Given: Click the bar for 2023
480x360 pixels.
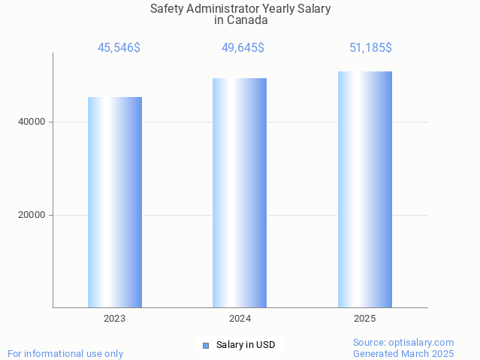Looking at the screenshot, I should [x=115, y=202].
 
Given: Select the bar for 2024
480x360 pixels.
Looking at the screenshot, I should [x=240, y=192].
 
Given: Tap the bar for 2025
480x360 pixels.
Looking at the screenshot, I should [x=365, y=189].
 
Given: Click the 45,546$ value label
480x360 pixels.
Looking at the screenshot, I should [x=119, y=48].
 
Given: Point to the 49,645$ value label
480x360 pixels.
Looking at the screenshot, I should [x=243, y=48].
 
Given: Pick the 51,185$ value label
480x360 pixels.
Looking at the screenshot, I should [x=370, y=48].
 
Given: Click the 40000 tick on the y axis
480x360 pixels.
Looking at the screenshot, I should [x=31, y=122].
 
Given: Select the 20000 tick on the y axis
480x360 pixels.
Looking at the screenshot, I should [x=31, y=215].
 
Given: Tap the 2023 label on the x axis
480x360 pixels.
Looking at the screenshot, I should [x=115, y=319].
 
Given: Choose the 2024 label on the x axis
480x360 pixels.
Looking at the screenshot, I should [x=240, y=319].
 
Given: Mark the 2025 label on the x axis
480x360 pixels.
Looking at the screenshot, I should [x=365, y=319].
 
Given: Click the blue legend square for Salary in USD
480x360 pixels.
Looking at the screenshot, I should [x=206, y=346].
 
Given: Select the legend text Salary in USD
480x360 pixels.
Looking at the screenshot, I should [x=246, y=346].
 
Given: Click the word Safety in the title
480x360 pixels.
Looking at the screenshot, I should [x=168, y=8].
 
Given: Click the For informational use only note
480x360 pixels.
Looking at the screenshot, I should [x=65, y=353].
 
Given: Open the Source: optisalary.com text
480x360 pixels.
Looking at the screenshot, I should [x=403, y=342].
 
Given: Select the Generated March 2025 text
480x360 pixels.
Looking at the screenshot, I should [x=403, y=353].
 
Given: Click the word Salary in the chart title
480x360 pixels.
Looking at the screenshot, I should [x=314, y=8].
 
